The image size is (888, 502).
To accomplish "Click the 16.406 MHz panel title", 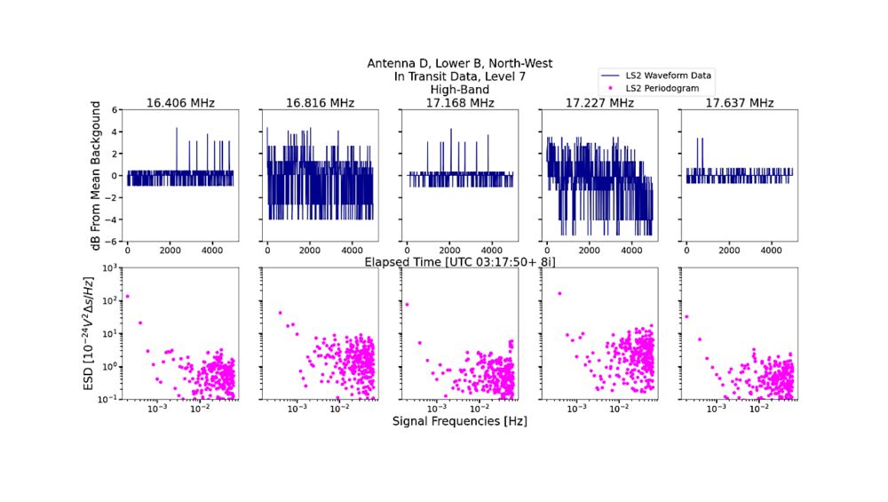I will click(x=179, y=103).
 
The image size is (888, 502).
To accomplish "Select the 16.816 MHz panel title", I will click(x=319, y=103).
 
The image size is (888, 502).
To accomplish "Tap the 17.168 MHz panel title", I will click(x=458, y=103).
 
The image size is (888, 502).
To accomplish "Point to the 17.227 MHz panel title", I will click(x=599, y=103).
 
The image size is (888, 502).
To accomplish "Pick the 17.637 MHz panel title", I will click(x=739, y=103).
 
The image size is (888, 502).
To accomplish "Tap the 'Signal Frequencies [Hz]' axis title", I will click(x=459, y=421).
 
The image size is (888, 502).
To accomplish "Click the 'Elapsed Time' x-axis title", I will click(x=459, y=261).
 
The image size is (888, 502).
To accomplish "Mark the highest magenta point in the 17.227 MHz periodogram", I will click(x=559, y=293).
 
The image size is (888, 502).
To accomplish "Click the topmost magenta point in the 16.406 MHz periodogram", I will click(x=128, y=297).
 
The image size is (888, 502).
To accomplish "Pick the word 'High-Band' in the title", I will click(x=459, y=90).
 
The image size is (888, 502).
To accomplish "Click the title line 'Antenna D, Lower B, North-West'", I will click(x=459, y=63).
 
